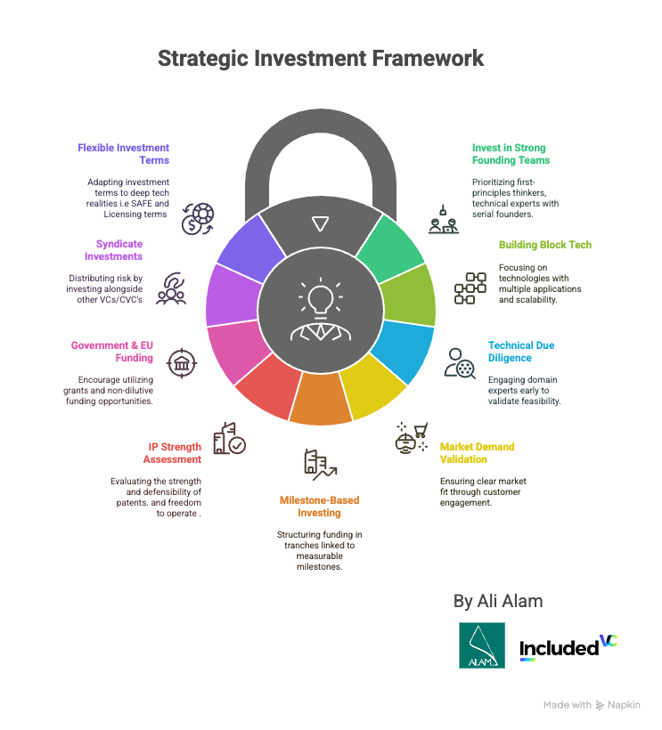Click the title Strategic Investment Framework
coord(321,59)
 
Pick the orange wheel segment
coord(321,400)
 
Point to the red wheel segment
coord(269,385)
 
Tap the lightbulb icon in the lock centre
coord(321,298)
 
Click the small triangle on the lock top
coord(321,223)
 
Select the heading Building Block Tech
coord(545,245)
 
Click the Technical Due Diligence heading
coord(521,352)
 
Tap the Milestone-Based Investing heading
coord(320,507)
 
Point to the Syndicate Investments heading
coord(114,250)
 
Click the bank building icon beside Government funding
coord(182,363)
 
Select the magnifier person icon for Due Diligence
coord(460,363)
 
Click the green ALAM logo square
coord(482,645)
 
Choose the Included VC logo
coord(568,647)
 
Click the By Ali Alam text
coord(498,601)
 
